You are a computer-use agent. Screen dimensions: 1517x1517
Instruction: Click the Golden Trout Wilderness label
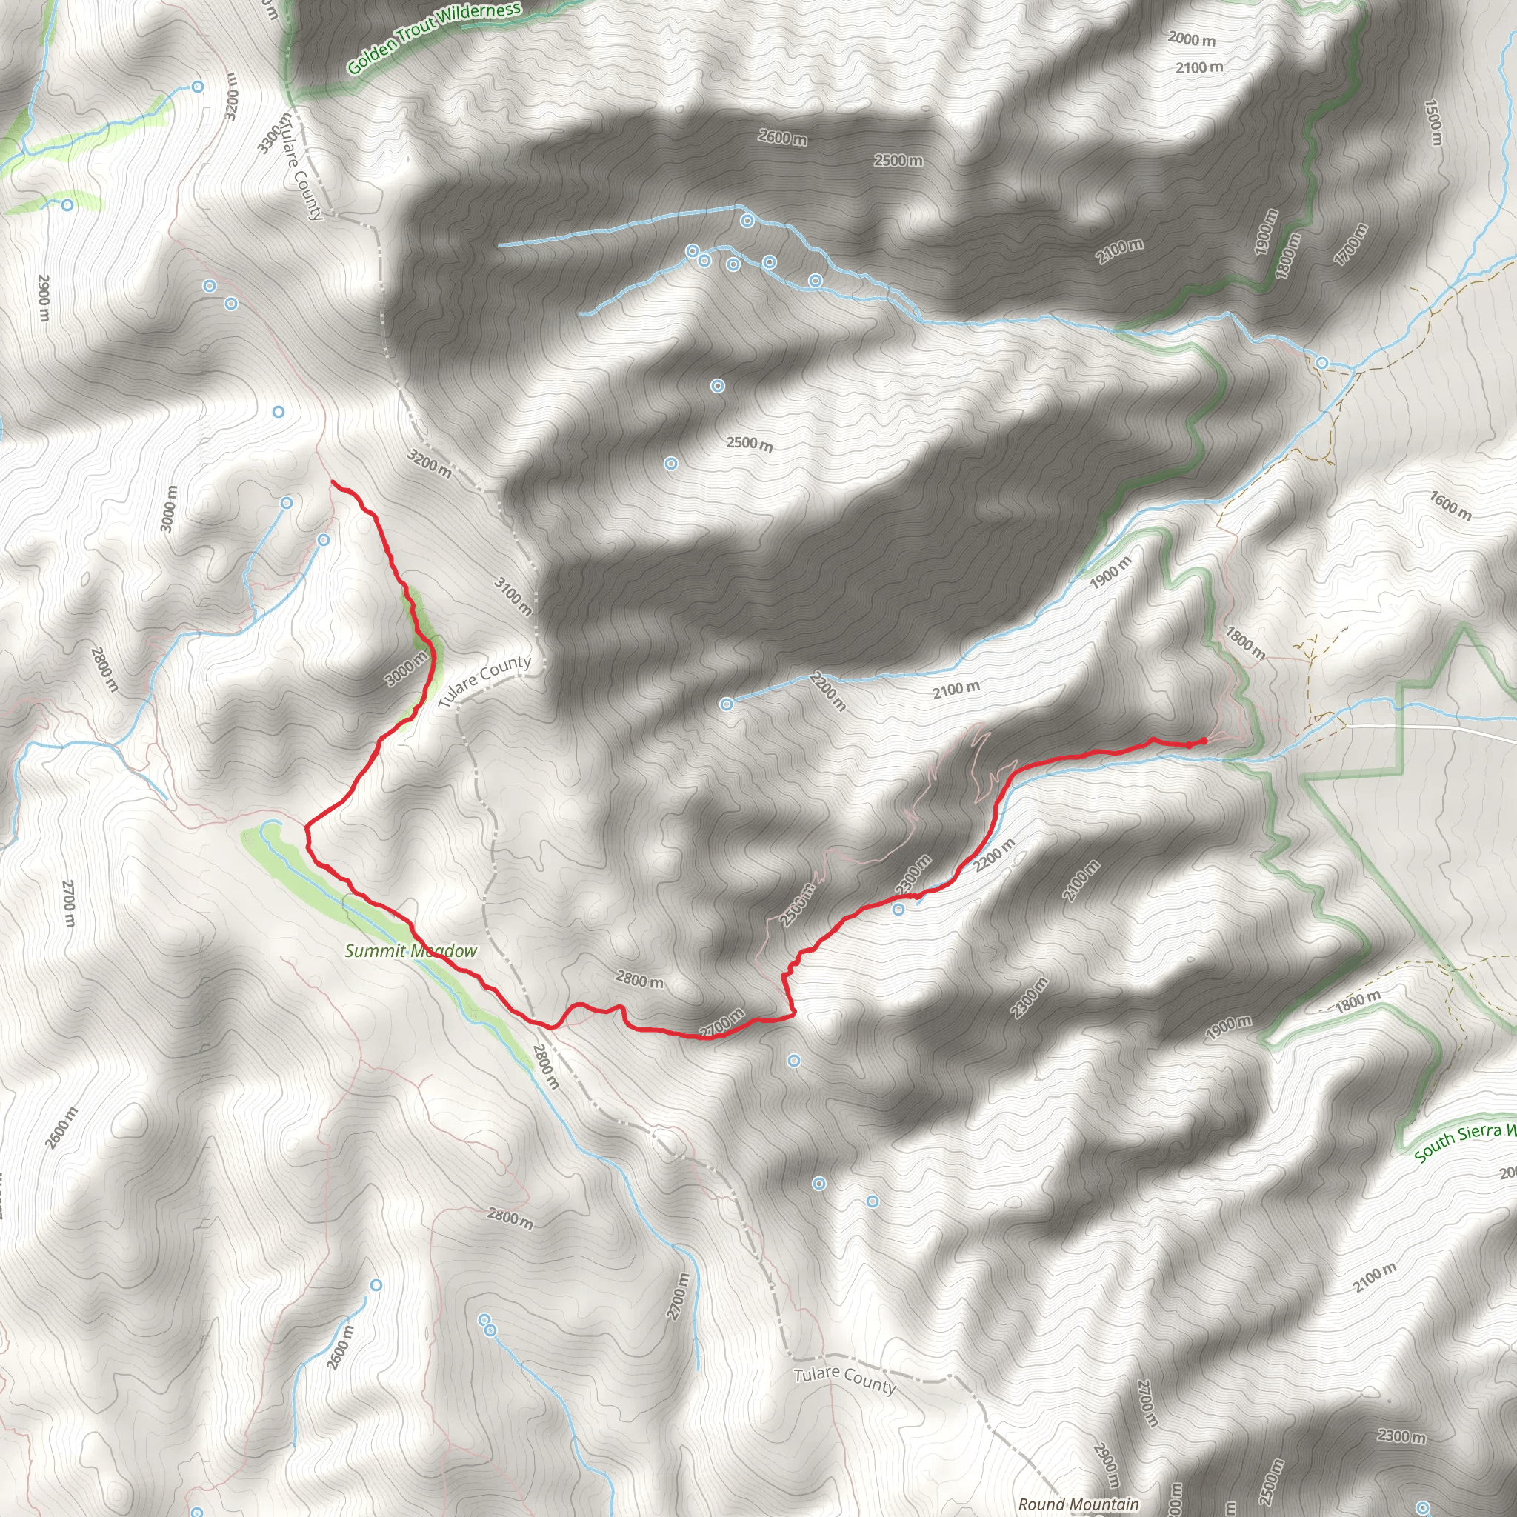[433, 37]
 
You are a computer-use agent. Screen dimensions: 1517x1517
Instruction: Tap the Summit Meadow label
[410, 951]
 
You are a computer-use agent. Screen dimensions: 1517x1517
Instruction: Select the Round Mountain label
[1078, 1504]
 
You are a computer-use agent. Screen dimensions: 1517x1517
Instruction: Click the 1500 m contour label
[1434, 121]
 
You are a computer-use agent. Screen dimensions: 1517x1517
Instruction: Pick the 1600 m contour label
[1450, 506]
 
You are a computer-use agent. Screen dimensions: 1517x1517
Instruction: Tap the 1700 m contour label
[1350, 244]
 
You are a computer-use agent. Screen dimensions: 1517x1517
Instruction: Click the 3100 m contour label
[513, 596]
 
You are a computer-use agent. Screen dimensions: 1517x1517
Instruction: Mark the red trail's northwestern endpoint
[332, 481]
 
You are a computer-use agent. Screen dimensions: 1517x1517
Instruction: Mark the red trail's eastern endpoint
[1204, 740]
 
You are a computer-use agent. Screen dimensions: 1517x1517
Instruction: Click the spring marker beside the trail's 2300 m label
[898, 910]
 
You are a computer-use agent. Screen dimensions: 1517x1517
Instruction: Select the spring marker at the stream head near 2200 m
[727, 704]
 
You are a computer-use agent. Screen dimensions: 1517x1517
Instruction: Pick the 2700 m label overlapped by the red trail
[721, 1023]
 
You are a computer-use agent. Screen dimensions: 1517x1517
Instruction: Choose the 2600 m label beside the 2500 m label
[782, 138]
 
